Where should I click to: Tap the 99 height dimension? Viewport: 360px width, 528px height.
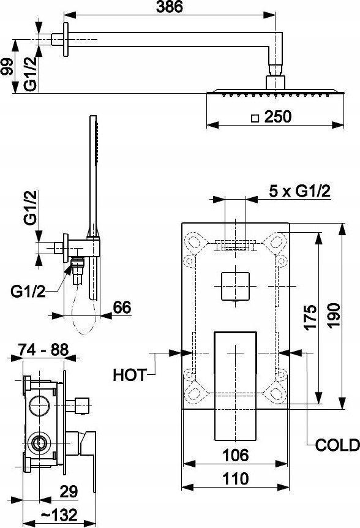tap(7, 66)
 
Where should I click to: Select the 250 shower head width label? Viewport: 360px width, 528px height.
tap(277, 117)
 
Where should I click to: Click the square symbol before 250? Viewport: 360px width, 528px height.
tap(255, 118)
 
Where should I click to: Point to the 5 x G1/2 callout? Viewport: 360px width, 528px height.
tap(299, 191)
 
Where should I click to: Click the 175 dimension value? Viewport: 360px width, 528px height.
tap(310, 317)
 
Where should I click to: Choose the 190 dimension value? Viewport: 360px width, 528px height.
tap(334, 315)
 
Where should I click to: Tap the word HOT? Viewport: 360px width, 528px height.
tap(130, 375)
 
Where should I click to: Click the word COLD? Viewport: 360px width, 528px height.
tap(337, 445)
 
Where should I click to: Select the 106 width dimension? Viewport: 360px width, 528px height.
tap(236, 455)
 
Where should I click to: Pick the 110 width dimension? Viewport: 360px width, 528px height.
tap(236, 478)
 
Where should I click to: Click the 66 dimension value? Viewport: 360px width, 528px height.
tap(122, 307)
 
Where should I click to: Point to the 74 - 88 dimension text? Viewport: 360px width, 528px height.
tap(43, 350)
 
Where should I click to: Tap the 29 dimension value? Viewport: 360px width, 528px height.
tap(69, 492)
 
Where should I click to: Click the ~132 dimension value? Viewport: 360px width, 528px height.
tap(59, 515)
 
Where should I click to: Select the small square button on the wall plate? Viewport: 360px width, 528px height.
tap(235, 286)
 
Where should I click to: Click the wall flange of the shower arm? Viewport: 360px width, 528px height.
tap(66, 39)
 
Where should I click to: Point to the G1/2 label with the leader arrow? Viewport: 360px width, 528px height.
tap(28, 292)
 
